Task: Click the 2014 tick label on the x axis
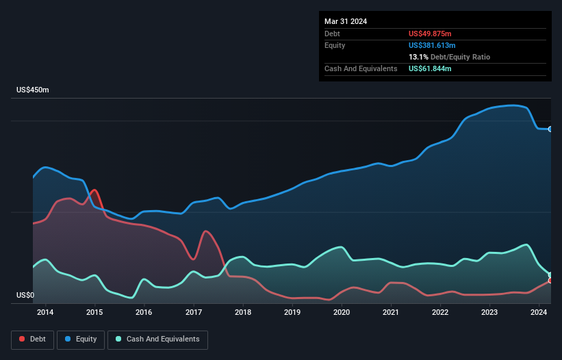click(45, 313)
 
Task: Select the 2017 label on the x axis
click(194, 313)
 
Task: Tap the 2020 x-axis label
click(342, 313)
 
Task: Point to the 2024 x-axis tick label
click(539, 313)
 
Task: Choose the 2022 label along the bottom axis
click(440, 313)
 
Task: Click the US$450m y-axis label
click(33, 90)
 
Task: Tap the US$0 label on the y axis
click(25, 296)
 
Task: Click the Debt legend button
click(33, 339)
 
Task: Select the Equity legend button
click(81, 339)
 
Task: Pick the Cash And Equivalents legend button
click(157, 339)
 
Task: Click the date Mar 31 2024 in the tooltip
click(346, 21)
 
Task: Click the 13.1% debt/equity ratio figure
click(419, 57)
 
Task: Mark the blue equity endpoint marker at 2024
click(550, 129)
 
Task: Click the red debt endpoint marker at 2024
click(550, 281)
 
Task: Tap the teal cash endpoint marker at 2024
click(550, 275)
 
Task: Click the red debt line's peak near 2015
click(94, 190)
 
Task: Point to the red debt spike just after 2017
click(205, 231)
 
